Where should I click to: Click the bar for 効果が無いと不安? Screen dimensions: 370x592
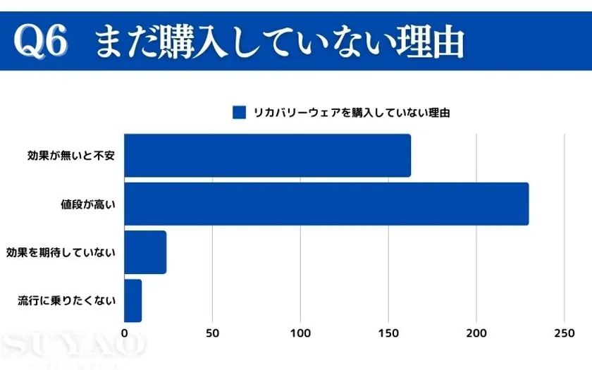coord(267,155)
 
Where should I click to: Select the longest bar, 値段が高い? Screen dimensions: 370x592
coord(326,204)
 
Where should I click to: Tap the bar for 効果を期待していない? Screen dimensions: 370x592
coord(145,252)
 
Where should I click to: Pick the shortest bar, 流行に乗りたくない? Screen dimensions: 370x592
coord(133,300)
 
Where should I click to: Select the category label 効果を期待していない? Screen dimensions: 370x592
coord(61,252)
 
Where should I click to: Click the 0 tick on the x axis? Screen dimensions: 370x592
coord(125,333)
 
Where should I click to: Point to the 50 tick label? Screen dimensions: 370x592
coord(213,333)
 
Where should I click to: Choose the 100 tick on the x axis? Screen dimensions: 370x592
coord(301,333)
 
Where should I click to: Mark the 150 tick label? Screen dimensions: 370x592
coord(388,333)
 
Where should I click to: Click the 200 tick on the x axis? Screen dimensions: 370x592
coord(476,333)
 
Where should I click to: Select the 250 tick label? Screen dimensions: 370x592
coord(564,333)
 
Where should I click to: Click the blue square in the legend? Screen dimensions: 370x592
coord(239,112)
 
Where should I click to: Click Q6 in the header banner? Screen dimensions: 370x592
coord(41,41)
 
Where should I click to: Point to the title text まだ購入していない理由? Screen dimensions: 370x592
coord(279,41)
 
